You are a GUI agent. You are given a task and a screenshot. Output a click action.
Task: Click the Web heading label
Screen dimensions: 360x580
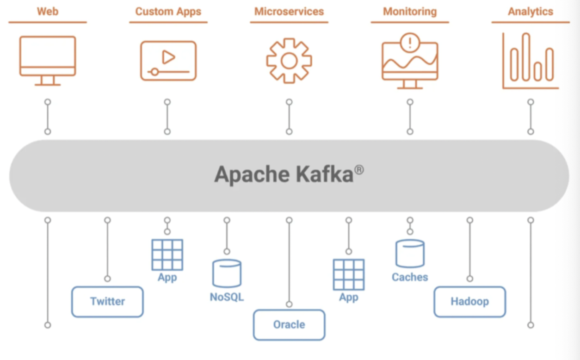48,12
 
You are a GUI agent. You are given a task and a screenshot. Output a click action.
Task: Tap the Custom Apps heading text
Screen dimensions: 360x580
168,12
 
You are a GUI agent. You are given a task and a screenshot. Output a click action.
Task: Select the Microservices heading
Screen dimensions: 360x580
289,12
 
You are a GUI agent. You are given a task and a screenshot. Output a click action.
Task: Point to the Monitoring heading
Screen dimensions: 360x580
410,12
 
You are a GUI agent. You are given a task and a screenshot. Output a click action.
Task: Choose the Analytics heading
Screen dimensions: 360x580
531,12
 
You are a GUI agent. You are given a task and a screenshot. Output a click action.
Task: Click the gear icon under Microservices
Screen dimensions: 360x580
289,61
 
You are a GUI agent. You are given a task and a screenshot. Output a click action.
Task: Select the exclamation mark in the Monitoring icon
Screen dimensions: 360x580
409,43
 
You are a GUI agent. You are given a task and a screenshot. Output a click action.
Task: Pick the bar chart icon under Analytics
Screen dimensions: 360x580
531,61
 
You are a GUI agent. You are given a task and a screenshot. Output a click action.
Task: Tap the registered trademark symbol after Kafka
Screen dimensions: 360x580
359,170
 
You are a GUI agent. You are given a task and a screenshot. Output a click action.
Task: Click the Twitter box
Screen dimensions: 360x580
107,302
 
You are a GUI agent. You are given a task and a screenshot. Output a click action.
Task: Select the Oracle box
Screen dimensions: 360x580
289,325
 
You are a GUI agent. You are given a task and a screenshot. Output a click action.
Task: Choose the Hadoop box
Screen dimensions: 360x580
470,302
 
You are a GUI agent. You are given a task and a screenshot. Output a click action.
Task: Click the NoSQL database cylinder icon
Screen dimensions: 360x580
227,273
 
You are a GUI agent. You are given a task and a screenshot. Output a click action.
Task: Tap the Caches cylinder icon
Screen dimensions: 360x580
410,253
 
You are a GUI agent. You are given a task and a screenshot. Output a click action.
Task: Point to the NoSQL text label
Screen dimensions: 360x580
227,297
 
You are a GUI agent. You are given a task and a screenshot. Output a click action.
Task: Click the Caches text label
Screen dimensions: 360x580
410,277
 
